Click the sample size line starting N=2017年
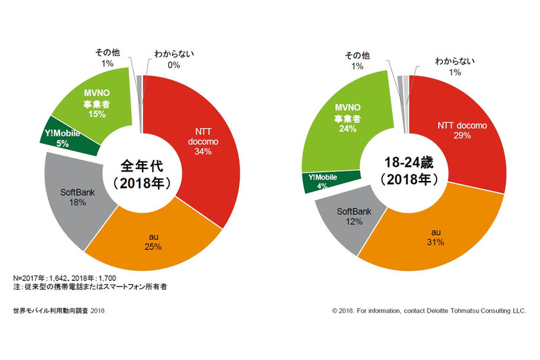point(61,278)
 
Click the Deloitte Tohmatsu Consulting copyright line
point(429,311)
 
